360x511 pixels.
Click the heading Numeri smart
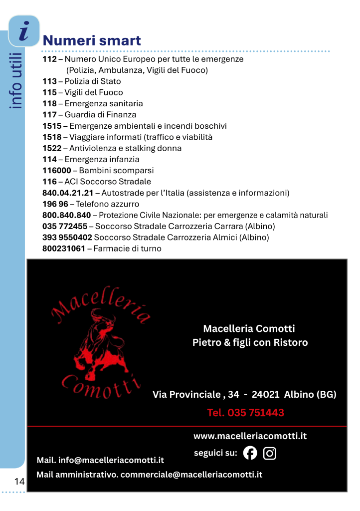click(x=92, y=40)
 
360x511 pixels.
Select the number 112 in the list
click(x=49, y=59)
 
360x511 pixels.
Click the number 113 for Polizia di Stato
click(x=49, y=81)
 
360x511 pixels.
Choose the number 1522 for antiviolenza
click(x=52, y=148)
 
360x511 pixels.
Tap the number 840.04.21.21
click(x=68, y=193)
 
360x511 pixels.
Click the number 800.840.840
click(x=66, y=216)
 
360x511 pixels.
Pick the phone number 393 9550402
click(x=67, y=238)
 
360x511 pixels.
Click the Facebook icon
click(x=250, y=453)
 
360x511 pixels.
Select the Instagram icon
click(x=270, y=453)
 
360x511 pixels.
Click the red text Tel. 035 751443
click(x=245, y=413)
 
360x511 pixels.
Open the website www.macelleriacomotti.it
click(x=250, y=436)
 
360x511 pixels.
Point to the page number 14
click(x=19, y=482)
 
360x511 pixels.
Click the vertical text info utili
click(x=17, y=80)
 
